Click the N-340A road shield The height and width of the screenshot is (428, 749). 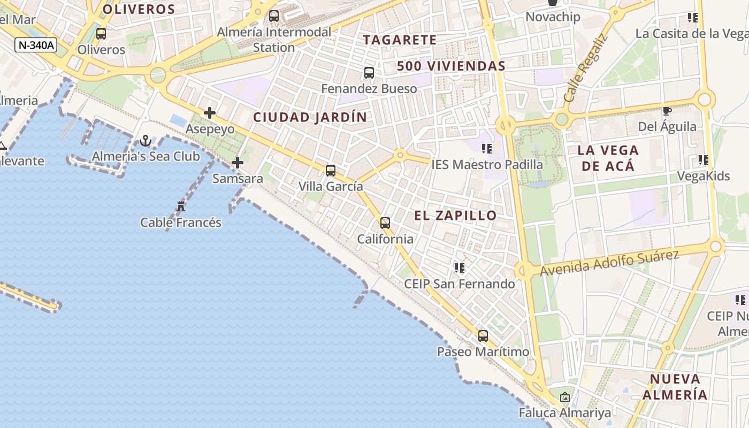(36, 45)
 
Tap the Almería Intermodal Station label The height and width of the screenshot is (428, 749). (274, 40)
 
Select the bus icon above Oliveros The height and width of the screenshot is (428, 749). (101, 34)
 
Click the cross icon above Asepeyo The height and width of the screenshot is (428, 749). (210, 113)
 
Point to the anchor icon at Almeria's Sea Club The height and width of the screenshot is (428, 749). (145, 141)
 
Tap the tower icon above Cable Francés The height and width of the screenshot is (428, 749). (181, 206)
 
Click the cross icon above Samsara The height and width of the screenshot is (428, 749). (238, 163)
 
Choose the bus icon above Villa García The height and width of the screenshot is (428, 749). (331, 171)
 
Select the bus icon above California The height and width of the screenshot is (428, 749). (385, 223)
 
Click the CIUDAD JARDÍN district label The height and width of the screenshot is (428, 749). (310, 117)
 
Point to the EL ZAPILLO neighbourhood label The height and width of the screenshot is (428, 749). (455, 216)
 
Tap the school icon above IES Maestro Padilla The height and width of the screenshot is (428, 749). (486, 148)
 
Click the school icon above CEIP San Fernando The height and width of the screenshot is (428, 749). (459, 267)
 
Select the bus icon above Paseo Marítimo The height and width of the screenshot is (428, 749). (483, 336)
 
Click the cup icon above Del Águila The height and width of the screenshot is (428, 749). (667, 111)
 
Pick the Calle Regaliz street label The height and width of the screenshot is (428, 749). (586, 68)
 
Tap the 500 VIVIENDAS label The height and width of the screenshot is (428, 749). (451, 66)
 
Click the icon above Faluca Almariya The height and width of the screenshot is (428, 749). (564, 397)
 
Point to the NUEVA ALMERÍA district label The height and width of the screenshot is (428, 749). (675, 387)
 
